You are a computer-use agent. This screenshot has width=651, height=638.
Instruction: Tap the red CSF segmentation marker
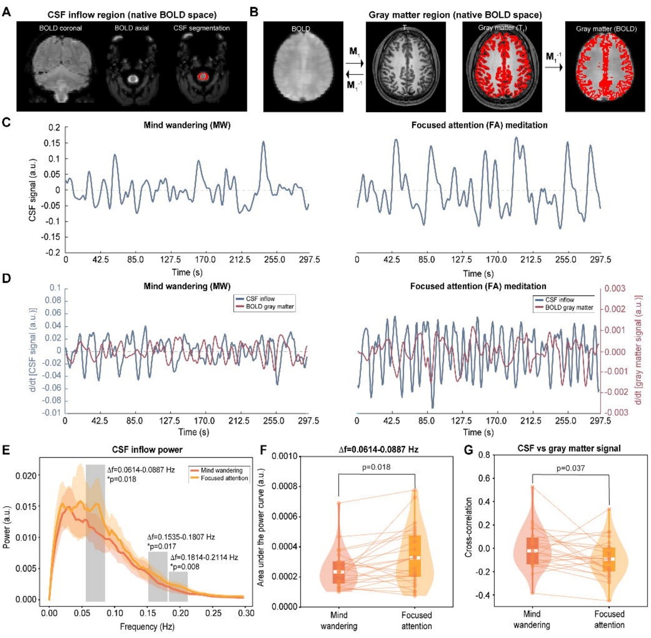tap(203, 77)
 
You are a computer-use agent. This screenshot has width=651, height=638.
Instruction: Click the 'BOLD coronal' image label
tap(60, 28)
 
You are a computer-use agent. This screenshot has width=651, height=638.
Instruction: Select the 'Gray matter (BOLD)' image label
tap(606, 28)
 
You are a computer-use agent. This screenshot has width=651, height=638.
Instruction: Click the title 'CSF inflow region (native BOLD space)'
tap(132, 15)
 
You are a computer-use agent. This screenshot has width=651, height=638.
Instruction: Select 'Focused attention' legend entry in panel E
tap(224, 478)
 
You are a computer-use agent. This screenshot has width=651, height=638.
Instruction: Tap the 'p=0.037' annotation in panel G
tap(570, 468)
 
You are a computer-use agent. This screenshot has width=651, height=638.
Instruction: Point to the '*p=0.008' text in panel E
tap(184, 566)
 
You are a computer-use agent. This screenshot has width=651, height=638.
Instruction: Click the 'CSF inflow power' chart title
tap(147, 449)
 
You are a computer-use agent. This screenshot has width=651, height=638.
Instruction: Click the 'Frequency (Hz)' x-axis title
tap(147, 627)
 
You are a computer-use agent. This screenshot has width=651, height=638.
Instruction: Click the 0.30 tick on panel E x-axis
tap(246, 613)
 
